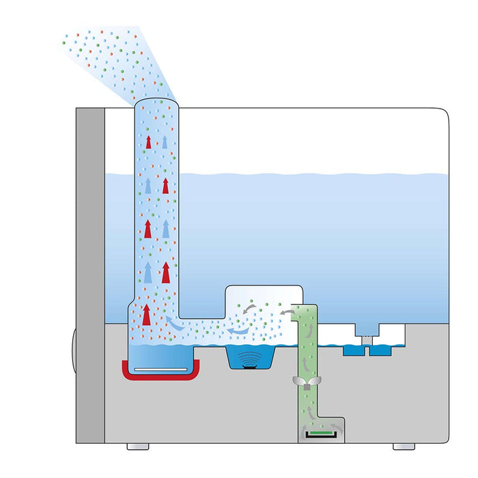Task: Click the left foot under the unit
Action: click(x=137, y=446)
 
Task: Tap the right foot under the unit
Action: click(x=403, y=446)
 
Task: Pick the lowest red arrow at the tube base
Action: click(x=146, y=315)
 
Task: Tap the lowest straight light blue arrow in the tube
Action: click(x=147, y=273)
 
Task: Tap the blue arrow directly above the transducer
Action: click(x=238, y=332)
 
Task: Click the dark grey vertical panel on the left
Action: click(x=90, y=273)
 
